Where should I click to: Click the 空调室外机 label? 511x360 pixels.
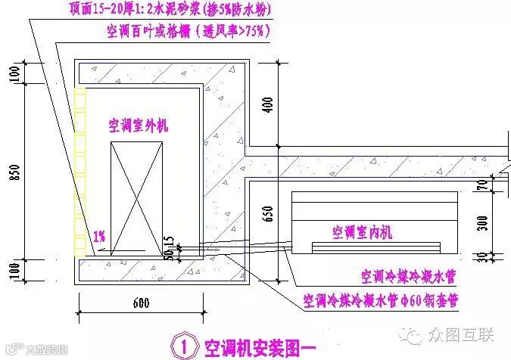click(138, 125)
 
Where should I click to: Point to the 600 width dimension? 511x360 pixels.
click(141, 305)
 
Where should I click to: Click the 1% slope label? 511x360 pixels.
click(99, 236)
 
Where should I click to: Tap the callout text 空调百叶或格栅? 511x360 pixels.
click(189, 32)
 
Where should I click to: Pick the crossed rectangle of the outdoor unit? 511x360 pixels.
click(136, 197)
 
